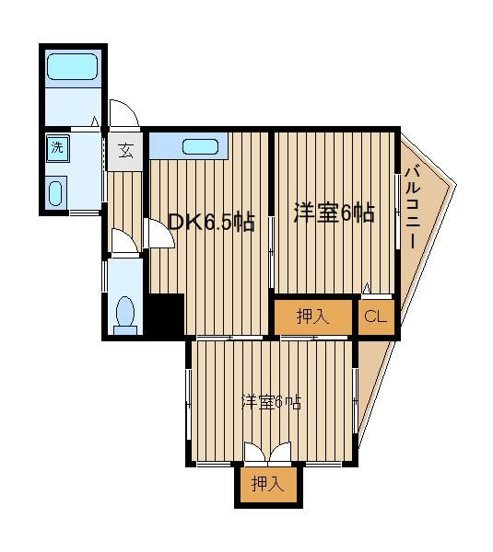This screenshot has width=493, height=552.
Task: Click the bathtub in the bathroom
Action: (x=72, y=66)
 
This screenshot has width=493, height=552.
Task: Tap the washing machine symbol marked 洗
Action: (x=57, y=148)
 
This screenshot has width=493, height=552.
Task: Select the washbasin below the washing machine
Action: (x=55, y=193)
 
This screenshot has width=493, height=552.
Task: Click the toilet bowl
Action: (x=125, y=312)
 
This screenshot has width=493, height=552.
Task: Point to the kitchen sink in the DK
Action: (x=200, y=146)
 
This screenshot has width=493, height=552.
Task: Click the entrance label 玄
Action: (x=125, y=151)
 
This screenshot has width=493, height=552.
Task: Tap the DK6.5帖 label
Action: (x=211, y=222)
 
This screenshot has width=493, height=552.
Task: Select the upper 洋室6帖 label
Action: (x=335, y=213)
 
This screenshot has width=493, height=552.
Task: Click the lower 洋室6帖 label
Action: (x=271, y=402)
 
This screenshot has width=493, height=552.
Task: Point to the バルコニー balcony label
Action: (x=413, y=207)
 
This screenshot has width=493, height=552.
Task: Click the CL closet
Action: (x=376, y=316)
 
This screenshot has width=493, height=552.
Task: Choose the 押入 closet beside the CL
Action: (x=313, y=316)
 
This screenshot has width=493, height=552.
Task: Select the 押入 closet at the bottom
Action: (x=268, y=485)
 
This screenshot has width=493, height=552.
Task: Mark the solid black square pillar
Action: (x=166, y=316)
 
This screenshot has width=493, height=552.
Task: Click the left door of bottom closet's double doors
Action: (x=254, y=452)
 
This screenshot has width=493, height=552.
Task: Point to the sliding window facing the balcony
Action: (x=397, y=212)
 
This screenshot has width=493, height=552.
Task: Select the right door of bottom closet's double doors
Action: (x=281, y=452)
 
